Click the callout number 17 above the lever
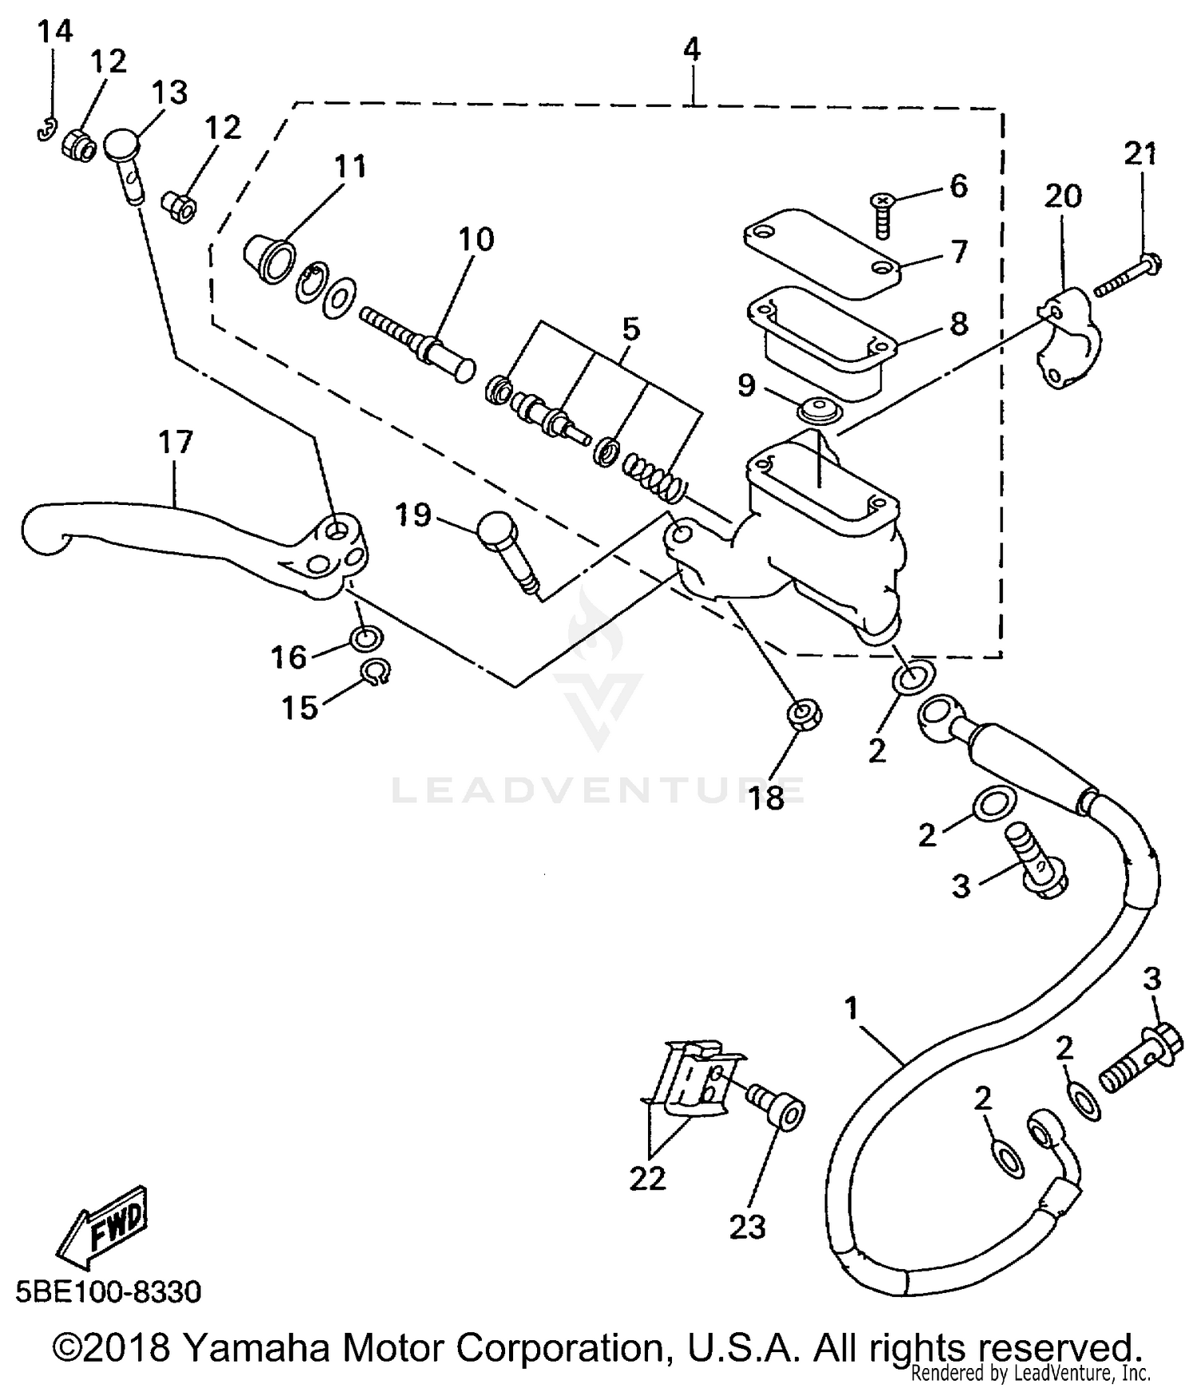(176, 441)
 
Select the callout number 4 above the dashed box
(692, 49)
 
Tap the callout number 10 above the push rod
(476, 239)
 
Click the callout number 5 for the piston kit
(630, 329)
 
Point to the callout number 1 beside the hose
(851, 1007)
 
